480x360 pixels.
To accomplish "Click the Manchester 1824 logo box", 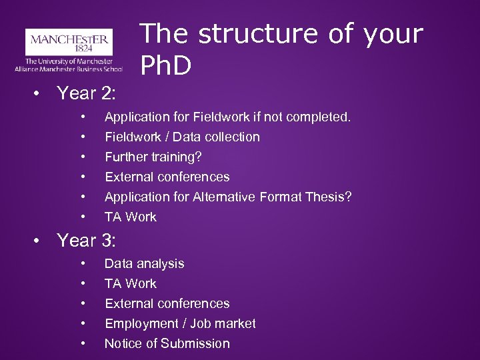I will coord(68,43).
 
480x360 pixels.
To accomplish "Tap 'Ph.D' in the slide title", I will coord(166,65).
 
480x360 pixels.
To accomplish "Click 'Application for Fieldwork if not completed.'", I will coord(227,117).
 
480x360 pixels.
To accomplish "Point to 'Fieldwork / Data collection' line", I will coord(182,137).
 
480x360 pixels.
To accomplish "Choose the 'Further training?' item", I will coord(153,157).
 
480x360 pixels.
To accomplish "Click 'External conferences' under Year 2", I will coord(167,177).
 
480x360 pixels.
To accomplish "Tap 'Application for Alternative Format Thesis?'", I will coord(228,197).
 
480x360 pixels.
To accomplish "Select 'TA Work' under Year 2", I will coord(131,217).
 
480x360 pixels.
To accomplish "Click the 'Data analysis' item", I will coord(144,264).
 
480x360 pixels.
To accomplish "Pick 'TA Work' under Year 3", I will coord(131,284).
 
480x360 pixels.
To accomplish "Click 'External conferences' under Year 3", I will coord(167,304).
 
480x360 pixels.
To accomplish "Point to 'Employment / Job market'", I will coord(180,324).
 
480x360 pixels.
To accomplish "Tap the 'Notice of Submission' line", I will coord(167,344).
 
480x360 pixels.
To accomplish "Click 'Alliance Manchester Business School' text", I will coord(68,69).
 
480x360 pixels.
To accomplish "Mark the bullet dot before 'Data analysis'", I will coord(83,264).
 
